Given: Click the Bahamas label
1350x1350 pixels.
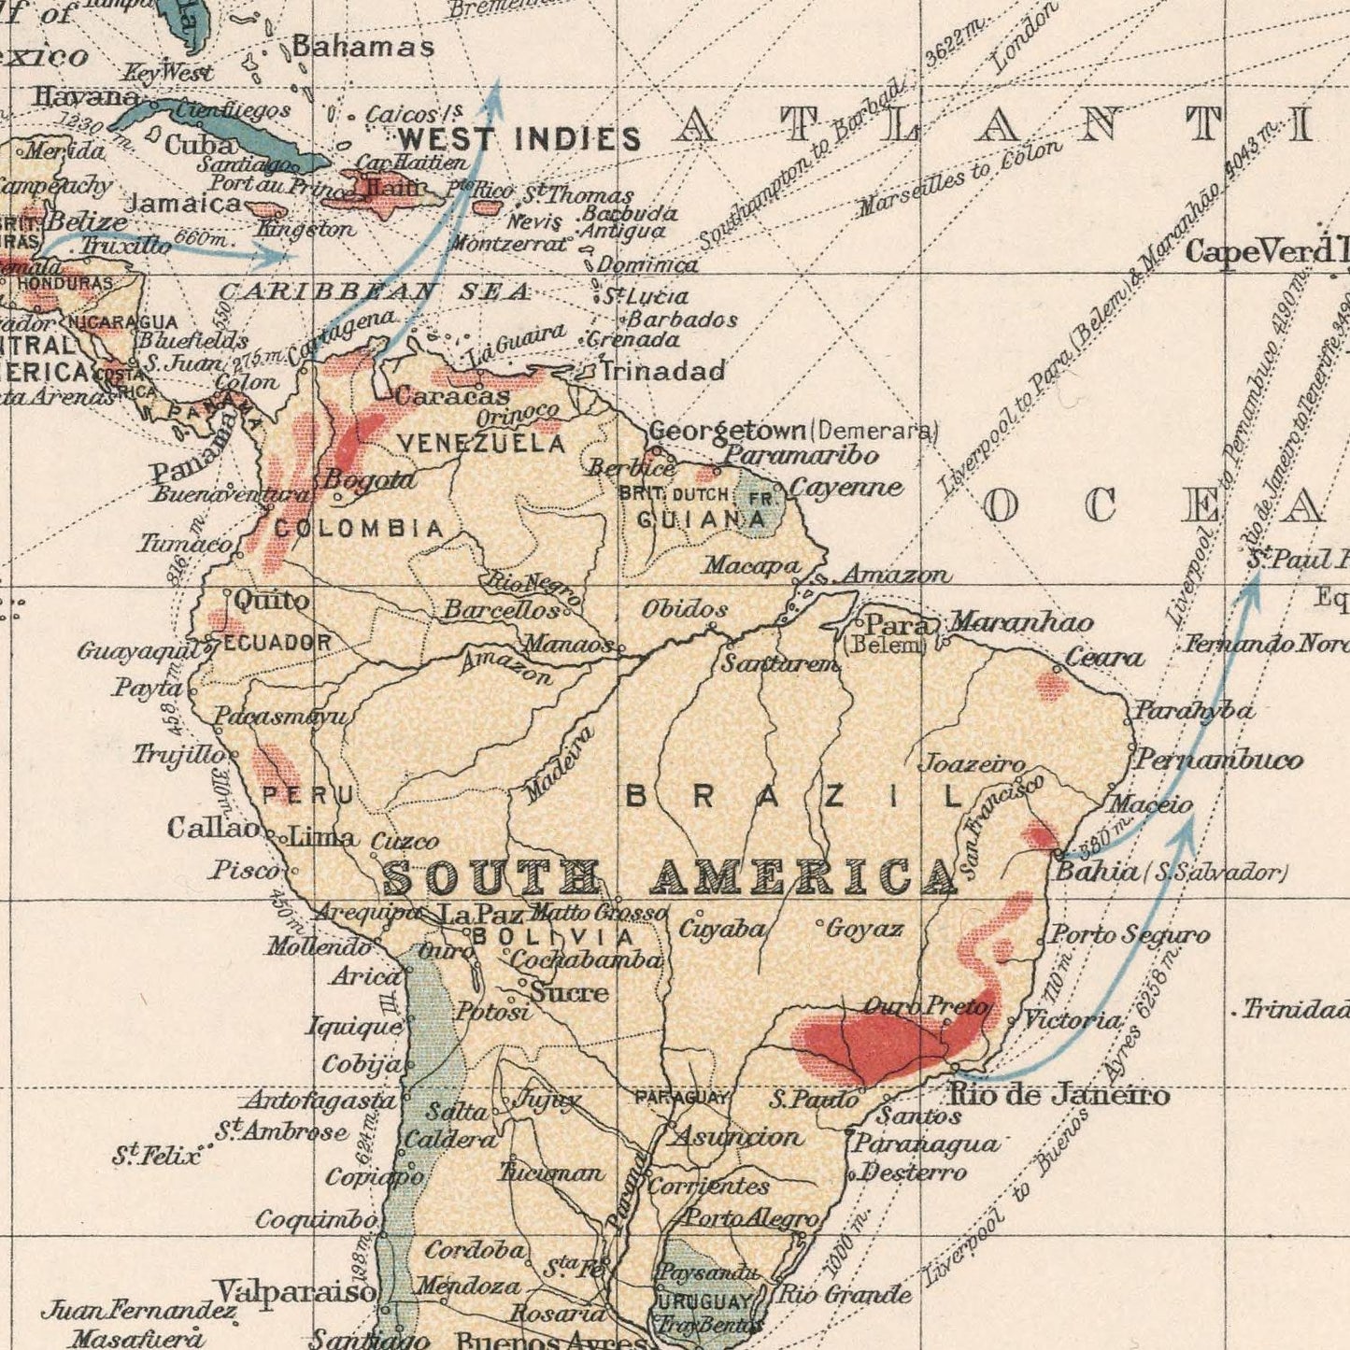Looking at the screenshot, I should tap(363, 47).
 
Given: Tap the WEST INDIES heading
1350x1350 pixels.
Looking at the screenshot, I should tap(519, 140).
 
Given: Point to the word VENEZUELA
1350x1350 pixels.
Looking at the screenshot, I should tap(481, 445).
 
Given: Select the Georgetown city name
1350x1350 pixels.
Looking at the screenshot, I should tap(727, 431).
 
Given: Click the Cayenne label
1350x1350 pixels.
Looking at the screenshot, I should tap(846, 489).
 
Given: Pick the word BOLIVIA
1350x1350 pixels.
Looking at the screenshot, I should tap(554, 936).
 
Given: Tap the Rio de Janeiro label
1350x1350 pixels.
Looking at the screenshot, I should tap(1059, 1094).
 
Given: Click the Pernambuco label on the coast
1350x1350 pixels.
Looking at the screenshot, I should tap(1218, 760).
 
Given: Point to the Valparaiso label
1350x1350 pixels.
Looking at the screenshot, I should tap(296, 1291).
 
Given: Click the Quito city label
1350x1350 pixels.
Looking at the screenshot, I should tap(270, 600).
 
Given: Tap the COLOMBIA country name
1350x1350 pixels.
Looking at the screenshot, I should tap(359, 529).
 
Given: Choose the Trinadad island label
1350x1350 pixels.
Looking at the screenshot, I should tap(662, 372).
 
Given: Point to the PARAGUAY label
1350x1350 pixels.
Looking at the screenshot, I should tap(681, 1098).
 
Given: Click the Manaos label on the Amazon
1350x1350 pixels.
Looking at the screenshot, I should tap(568, 644).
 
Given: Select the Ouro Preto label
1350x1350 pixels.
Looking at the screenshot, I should tap(925, 1007).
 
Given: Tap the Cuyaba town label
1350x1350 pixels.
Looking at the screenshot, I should tap(721, 930).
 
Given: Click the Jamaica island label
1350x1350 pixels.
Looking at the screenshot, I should tap(183, 203).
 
